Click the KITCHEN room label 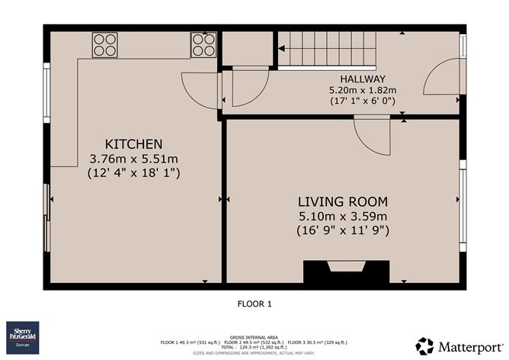133,144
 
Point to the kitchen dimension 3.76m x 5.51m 133,159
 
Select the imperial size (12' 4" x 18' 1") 133,172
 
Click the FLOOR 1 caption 254,304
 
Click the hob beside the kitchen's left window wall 104,45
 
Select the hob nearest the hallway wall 203,45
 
